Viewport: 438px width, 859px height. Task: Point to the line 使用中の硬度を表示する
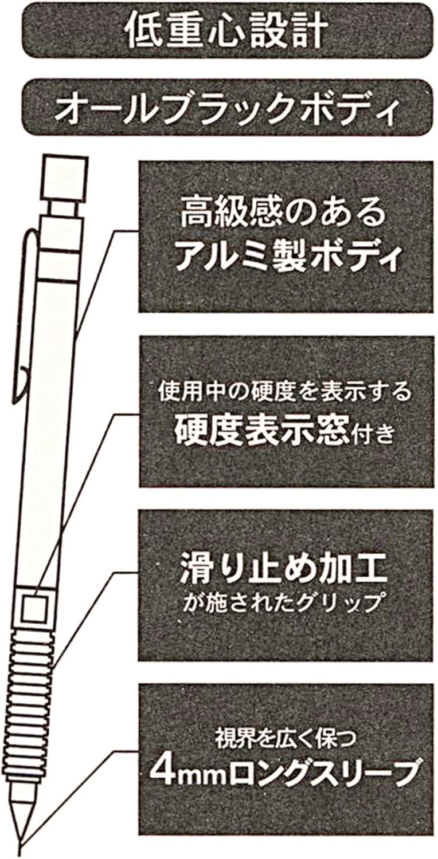[285, 393]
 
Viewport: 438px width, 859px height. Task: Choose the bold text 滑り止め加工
[285, 568]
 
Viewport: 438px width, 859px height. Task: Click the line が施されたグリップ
[284, 602]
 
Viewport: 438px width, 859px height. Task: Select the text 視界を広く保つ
[285, 735]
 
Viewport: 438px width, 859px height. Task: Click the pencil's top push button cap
[64, 176]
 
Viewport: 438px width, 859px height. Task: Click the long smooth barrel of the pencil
[49, 429]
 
